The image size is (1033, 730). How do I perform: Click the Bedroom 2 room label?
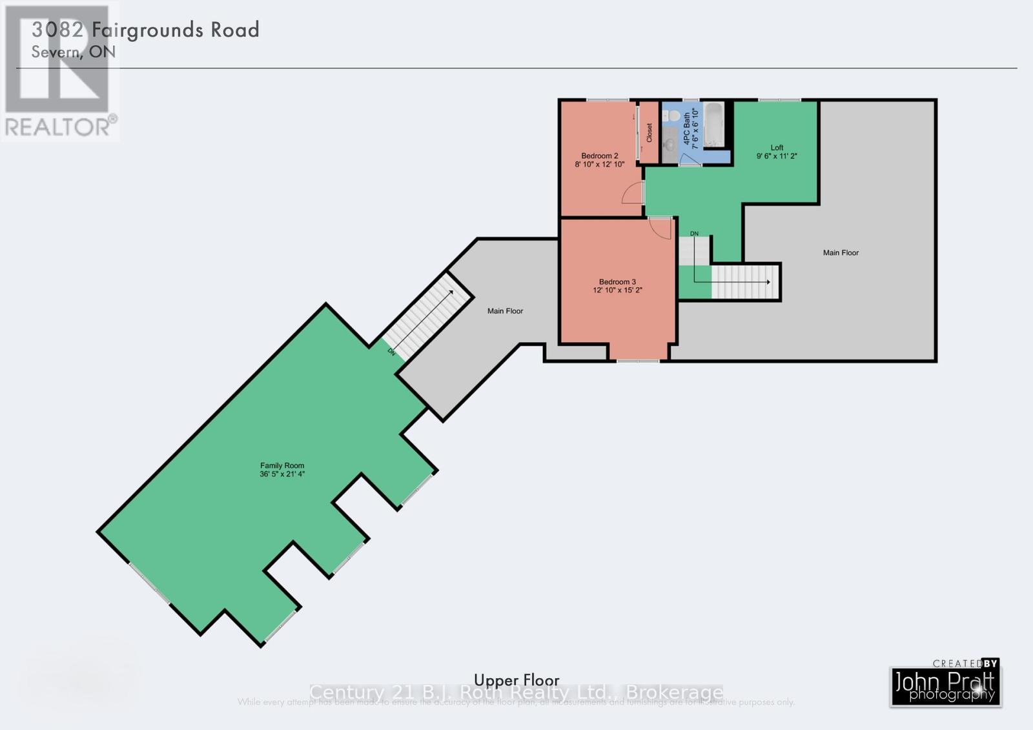pos(599,156)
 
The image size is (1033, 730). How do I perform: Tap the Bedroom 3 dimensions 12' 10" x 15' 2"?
pos(617,290)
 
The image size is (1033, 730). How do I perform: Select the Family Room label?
pos(282,465)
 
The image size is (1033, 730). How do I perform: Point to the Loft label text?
pos(777,148)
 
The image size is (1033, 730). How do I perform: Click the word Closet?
pos(649,132)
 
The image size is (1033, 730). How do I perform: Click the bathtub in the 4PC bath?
pos(713,125)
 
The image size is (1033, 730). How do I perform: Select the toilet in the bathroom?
pos(673,116)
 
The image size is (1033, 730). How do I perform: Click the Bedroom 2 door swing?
pos(633,193)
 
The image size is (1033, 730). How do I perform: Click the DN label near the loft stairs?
pos(694,234)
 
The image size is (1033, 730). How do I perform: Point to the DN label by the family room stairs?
pos(391,352)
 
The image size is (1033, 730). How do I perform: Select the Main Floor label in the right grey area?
pos(841,253)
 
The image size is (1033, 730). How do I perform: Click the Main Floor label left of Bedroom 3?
pos(505,311)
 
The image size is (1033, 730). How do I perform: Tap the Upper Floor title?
pos(516,680)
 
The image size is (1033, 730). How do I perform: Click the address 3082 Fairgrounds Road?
pos(146,30)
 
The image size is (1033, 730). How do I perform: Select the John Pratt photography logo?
pos(945,686)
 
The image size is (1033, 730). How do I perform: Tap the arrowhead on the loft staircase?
pos(768,282)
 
